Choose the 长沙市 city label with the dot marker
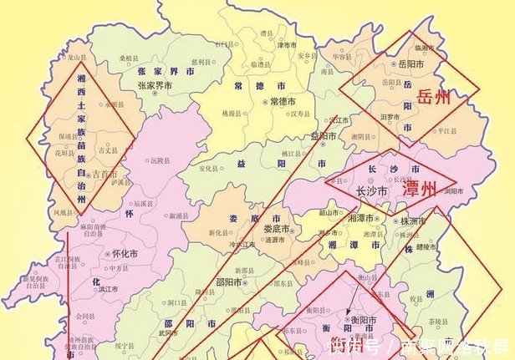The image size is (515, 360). point(372,191)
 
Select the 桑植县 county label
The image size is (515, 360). point(130,59)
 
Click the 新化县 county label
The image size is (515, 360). point(219,232)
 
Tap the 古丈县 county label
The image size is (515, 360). point(106,150)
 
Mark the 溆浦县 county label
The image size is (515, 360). point(177,215)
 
